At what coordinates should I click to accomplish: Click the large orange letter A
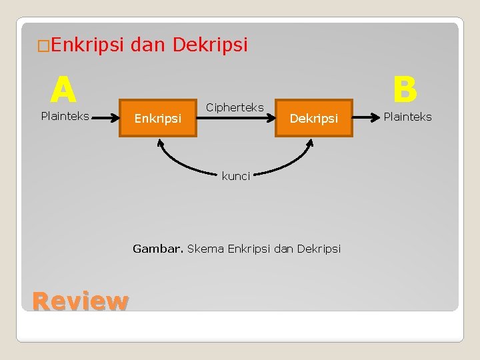coord(63,89)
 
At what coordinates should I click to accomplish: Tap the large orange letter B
coord(405,89)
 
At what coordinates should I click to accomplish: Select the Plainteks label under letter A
coord(65,116)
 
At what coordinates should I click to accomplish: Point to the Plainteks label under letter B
coord(407,117)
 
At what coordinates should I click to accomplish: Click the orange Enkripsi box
coord(158,118)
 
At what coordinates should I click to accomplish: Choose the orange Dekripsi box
coord(313,118)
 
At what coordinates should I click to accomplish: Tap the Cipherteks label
coord(235,107)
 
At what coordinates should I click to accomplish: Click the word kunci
coord(236,176)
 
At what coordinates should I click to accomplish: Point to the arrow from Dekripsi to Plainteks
coord(365,117)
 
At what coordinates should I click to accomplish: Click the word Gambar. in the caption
coord(158,249)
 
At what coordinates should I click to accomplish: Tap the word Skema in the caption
coord(206,249)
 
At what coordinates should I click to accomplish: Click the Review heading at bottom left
coord(79,301)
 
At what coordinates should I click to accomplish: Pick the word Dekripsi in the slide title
coord(210,45)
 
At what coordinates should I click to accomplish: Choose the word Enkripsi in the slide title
coord(87,45)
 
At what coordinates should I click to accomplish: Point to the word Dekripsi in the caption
coord(319,249)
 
